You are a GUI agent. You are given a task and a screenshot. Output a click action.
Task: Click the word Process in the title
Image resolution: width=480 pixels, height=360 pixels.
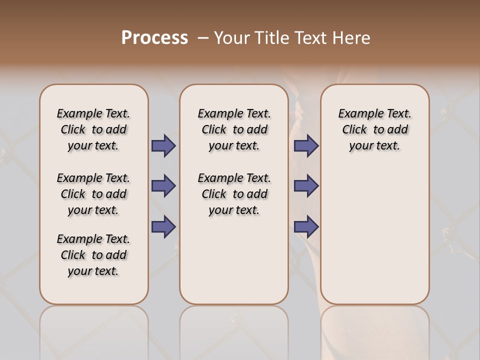pos(154,38)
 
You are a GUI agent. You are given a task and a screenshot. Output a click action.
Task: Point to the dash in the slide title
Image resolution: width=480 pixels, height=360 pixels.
pos(203,38)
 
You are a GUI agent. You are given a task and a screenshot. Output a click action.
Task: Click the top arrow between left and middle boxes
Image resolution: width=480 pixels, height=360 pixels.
pos(163,146)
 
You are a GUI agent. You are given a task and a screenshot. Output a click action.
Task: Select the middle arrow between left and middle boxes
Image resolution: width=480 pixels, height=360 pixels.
pos(163,186)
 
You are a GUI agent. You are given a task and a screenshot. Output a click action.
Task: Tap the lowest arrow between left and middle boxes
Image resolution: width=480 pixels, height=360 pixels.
pos(163,227)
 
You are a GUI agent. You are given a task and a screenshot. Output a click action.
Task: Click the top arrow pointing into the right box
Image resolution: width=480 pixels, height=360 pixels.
pos(306,146)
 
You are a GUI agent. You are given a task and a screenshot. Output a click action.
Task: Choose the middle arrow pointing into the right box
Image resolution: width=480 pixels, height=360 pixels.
pos(306,186)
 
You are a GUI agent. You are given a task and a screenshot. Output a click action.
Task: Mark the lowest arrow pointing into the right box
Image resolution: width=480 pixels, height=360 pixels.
pos(306,227)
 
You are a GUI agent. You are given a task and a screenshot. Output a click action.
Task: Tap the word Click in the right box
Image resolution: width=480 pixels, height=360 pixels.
pos(354,130)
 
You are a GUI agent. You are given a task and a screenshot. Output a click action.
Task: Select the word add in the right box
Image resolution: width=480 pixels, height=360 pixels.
pos(398,130)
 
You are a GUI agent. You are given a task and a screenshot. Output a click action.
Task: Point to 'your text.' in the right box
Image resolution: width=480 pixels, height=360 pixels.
pos(374,146)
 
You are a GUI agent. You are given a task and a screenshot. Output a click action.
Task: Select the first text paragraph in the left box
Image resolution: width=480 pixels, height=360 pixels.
pos(93,129)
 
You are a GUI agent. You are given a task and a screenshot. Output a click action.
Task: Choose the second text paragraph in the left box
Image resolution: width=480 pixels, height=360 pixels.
pos(93,194)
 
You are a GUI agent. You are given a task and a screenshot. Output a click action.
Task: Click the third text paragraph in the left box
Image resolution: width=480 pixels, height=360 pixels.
pos(93,255)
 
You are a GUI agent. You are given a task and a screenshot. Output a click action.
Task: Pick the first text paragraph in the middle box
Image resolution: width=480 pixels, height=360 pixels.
pos(234,129)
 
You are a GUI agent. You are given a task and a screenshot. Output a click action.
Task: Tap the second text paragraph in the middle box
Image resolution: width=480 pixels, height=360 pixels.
pos(234,194)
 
